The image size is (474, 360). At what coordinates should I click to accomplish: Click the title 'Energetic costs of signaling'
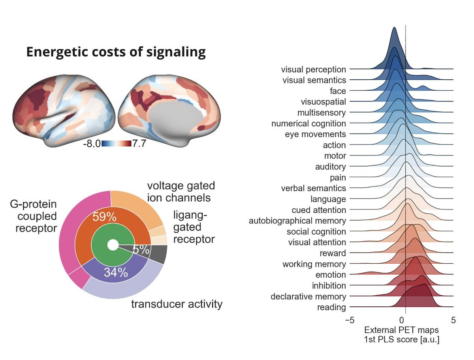[x=116, y=52]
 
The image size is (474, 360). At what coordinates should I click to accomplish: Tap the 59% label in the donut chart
[x=104, y=217]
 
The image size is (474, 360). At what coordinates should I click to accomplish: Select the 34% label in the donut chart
[x=116, y=272]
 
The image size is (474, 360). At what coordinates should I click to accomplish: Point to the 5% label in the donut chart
[x=141, y=250]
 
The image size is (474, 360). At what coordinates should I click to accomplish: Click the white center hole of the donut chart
[x=113, y=245]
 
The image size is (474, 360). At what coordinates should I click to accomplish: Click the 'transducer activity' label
[x=177, y=304]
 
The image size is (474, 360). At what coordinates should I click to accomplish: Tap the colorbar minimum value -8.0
[x=92, y=144]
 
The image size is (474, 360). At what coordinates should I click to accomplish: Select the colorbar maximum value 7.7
[x=139, y=144]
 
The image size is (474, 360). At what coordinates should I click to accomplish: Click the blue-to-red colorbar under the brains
[x=116, y=144]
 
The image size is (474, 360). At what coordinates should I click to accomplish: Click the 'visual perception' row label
[x=313, y=69]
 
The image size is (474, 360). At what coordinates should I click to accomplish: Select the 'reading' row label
[x=331, y=307]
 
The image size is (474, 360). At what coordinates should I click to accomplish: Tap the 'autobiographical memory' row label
[x=297, y=221]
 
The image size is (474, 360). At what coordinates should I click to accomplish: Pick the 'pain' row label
[x=338, y=177]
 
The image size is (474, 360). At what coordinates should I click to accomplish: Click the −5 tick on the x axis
[x=349, y=320]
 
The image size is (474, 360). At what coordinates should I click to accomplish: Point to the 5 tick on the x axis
[x=453, y=320]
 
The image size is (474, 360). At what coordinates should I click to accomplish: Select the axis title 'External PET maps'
[x=401, y=330]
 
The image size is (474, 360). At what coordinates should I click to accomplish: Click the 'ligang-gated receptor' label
[x=194, y=227]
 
